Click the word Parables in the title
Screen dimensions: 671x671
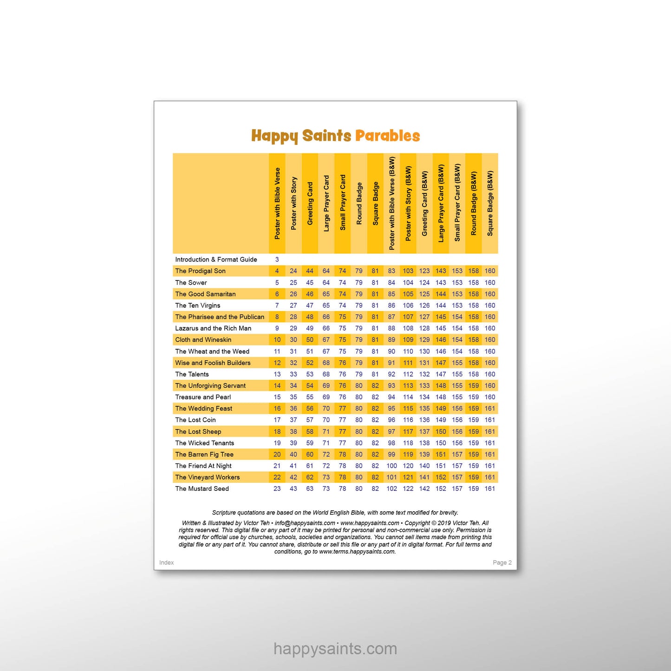click(387, 136)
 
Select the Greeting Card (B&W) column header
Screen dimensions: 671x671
click(424, 203)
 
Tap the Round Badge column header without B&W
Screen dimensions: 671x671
click(359, 203)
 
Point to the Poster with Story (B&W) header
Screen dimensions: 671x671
click(408, 203)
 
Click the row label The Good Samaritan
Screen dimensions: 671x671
click(205, 294)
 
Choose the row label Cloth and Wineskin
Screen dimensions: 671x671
click(203, 339)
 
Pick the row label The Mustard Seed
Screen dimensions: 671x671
click(202, 489)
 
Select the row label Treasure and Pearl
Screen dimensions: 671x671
click(203, 397)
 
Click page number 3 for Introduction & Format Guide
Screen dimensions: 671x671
click(277, 260)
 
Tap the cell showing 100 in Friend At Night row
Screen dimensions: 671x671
click(391, 466)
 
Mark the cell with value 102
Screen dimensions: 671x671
click(391, 489)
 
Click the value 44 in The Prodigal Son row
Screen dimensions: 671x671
click(310, 271)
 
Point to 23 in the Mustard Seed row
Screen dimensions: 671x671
click(277, 489)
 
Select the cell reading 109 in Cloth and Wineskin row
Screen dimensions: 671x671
click(408, 339)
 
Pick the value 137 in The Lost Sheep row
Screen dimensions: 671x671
click(424, 431)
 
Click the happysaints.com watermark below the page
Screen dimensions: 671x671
click(335, 649)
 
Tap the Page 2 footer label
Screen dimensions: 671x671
click(502, 562)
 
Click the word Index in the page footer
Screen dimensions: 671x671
click(166, 562)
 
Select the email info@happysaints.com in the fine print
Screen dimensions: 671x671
click(305, 523)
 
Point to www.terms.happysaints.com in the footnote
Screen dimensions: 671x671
click(357, 552)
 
